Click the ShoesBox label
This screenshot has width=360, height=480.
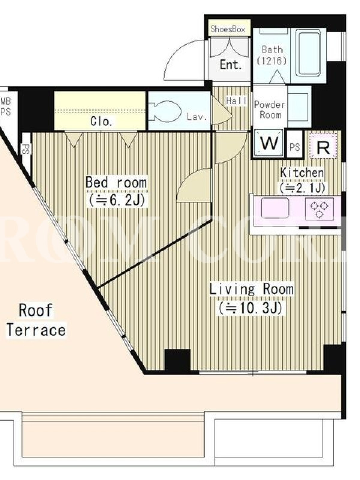[228, 29]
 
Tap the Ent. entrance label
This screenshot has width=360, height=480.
[231, 65]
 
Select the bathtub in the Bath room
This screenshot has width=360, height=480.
[310, 53]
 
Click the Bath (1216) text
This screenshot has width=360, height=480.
[272, 55]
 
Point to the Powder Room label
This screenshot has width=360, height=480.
[269, 110]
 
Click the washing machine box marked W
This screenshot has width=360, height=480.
[269, 143]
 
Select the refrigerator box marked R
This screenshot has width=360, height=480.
[323, 145]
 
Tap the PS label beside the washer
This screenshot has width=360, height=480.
[295, 147]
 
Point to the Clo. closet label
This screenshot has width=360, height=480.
[101, 122]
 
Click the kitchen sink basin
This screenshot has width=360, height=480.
[275, 208]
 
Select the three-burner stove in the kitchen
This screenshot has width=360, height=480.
[319, 209]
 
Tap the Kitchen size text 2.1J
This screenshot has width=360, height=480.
[302, 187]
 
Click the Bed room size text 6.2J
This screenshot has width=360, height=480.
[116, 200]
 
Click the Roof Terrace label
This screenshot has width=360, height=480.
[36, 320]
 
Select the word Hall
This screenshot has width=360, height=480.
[236, 101]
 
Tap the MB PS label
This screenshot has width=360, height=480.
[5, 107]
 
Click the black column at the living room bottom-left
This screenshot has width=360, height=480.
[178, 361]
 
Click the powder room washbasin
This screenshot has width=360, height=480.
[299, 106]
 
